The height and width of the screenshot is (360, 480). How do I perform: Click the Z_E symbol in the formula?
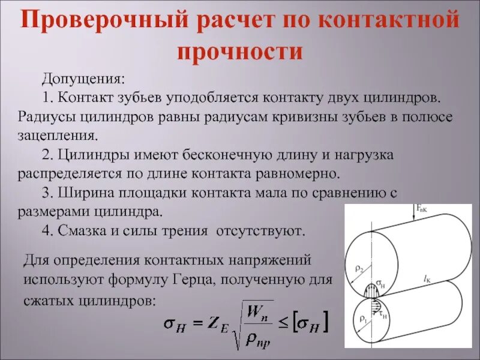pos(215,325)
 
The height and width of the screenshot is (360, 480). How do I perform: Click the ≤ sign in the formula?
pos(283,325)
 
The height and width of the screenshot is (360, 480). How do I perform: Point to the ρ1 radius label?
pos(363,319)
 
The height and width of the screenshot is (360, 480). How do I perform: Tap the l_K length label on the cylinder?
pos(427,278)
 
